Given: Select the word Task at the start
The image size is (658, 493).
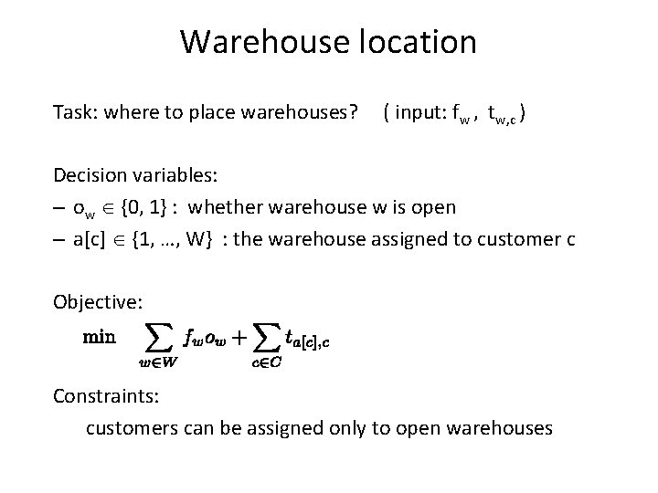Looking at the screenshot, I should pyautogui.click(x=73, y=112).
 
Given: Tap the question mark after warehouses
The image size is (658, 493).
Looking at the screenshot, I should pyautogui.click(x=353, y=112).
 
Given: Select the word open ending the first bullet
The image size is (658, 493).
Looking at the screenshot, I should pyautogui.click(x=434, y=207).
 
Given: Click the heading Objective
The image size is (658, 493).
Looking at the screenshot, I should pyautogui.click(x=97, y=300).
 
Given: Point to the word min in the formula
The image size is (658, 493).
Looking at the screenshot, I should pyautogui.click(x=100, y=336).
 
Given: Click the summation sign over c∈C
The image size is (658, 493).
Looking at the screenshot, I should pyautogui.click(x=264, y=339).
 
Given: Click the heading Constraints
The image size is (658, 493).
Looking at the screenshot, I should pyautogui.click(x=103, y=395).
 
